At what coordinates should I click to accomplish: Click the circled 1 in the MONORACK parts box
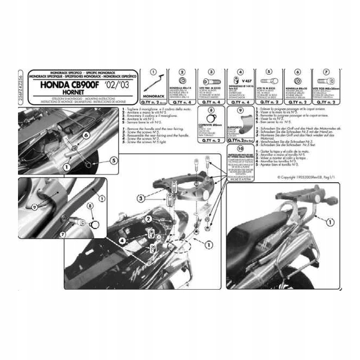pos(154,72)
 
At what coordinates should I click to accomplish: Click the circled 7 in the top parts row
pos(326,72)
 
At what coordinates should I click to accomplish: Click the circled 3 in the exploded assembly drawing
pos(141,199)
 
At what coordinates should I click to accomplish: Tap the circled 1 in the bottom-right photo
pos(331,222)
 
